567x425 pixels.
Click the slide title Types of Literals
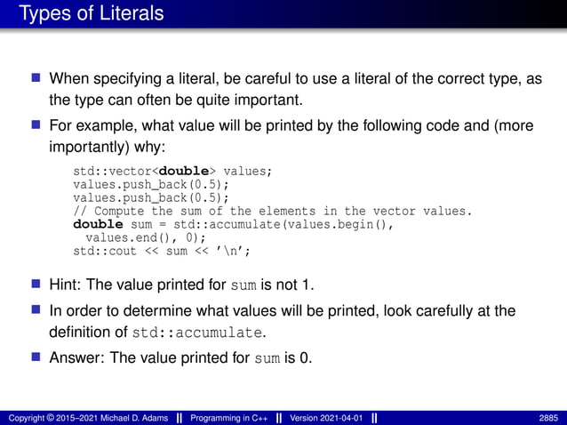pyautogui.click(x=91, y=14)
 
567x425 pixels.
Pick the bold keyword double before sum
pyautogui.click(x=98, y=225)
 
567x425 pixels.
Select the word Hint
pyautogui.click(x=64, y=285)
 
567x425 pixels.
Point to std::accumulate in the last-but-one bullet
pyautogui.click(x=198, y=333)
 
